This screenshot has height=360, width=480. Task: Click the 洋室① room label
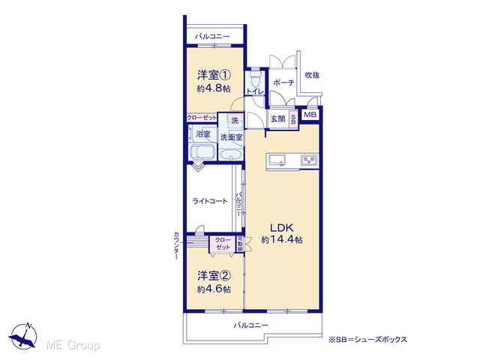pyautogui.click(x=214, y=75)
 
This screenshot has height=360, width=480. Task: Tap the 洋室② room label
pyautogui.click(x=214, y=276)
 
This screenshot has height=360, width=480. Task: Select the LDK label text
pyautogui.click(x=282, y=228)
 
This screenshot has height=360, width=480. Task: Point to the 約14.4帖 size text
pyautogui.click(x=282, y=239)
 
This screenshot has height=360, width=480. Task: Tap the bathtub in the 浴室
pyautogui.click(x=202, y=152)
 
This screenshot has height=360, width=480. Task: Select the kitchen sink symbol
pyautogui.click(x=277, y=160)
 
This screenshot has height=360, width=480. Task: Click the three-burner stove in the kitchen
pyautogui.click(x=310, y=160)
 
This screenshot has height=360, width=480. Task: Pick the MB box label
pyautogui.click(x=310, y=115)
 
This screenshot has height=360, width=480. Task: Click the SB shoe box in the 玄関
pyautogui.click(x=293, y=119)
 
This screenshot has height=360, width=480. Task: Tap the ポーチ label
pyautogui.click(x=283, y=82)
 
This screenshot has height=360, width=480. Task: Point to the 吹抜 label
pyautogui.click(x=312, y=75)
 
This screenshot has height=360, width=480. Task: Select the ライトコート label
pyautogui.click(x=210, y=201)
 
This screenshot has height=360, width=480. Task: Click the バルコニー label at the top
pyautogui.click(x=212, y=37)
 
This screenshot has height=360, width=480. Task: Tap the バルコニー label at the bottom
pyautogui.click(x=251, y=325)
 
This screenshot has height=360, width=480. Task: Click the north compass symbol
pyautogui.click(x=23, y=335)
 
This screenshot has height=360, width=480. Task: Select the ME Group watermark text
pyautogui.click(x=73, y=345)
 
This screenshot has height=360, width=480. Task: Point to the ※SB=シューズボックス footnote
pyautogui.click(x=367, y=339)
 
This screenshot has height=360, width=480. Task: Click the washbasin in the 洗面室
pyautogui.click(x=231, y=154)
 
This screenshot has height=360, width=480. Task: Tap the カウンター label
pyautogui.click(x=176, y=245)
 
